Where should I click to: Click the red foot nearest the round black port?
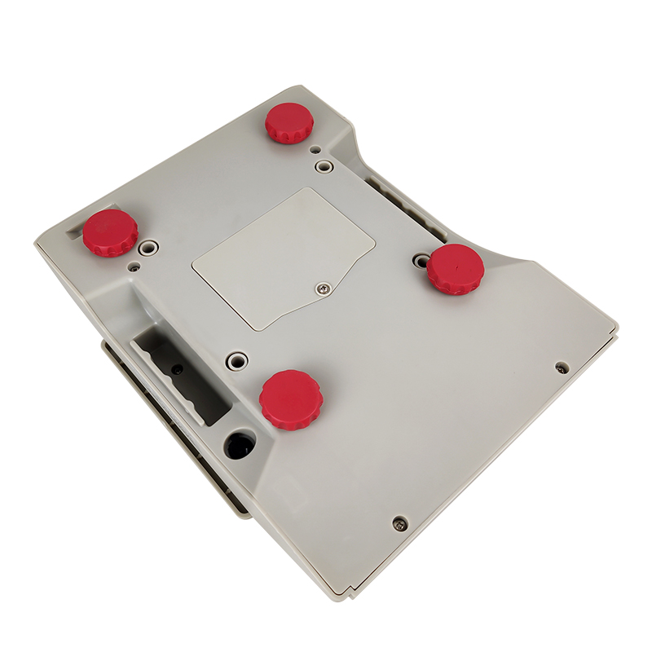(291, 399)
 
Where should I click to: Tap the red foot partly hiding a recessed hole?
(456, 269)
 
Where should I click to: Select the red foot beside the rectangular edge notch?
(111, 232)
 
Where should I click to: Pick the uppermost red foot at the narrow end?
(289, 123)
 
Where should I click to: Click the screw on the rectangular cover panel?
(324, 286)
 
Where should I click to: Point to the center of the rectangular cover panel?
(284, 258)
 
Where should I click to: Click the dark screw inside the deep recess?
(176, 368)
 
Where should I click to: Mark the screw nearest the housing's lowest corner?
(398, 523)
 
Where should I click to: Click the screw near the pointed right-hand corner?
(561, 368)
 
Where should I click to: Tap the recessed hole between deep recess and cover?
(237, 359)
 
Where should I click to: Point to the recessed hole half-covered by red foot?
(421, 261)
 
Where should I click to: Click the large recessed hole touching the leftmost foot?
(148, 246)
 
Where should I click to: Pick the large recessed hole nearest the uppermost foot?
(324, 166)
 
